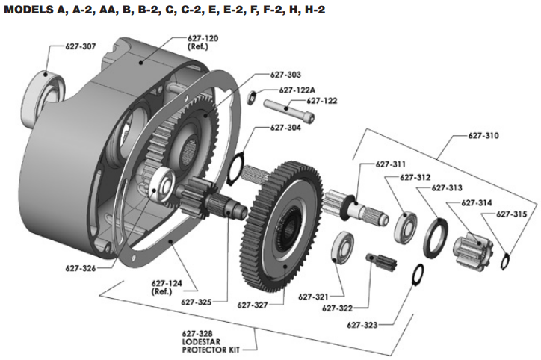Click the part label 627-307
point(81,46)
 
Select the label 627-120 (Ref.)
point(203,43)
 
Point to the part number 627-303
point(285,75)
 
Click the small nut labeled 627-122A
point(252,97)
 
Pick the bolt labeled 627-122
point(289,111)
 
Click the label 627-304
point(285,128)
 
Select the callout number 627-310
point(483,136)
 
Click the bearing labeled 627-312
point(406,226)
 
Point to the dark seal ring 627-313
point(435,238)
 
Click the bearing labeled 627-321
point(342,246)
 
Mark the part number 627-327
point(253,305)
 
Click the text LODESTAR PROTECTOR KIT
point(210,346)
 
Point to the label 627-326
point(81,268)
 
